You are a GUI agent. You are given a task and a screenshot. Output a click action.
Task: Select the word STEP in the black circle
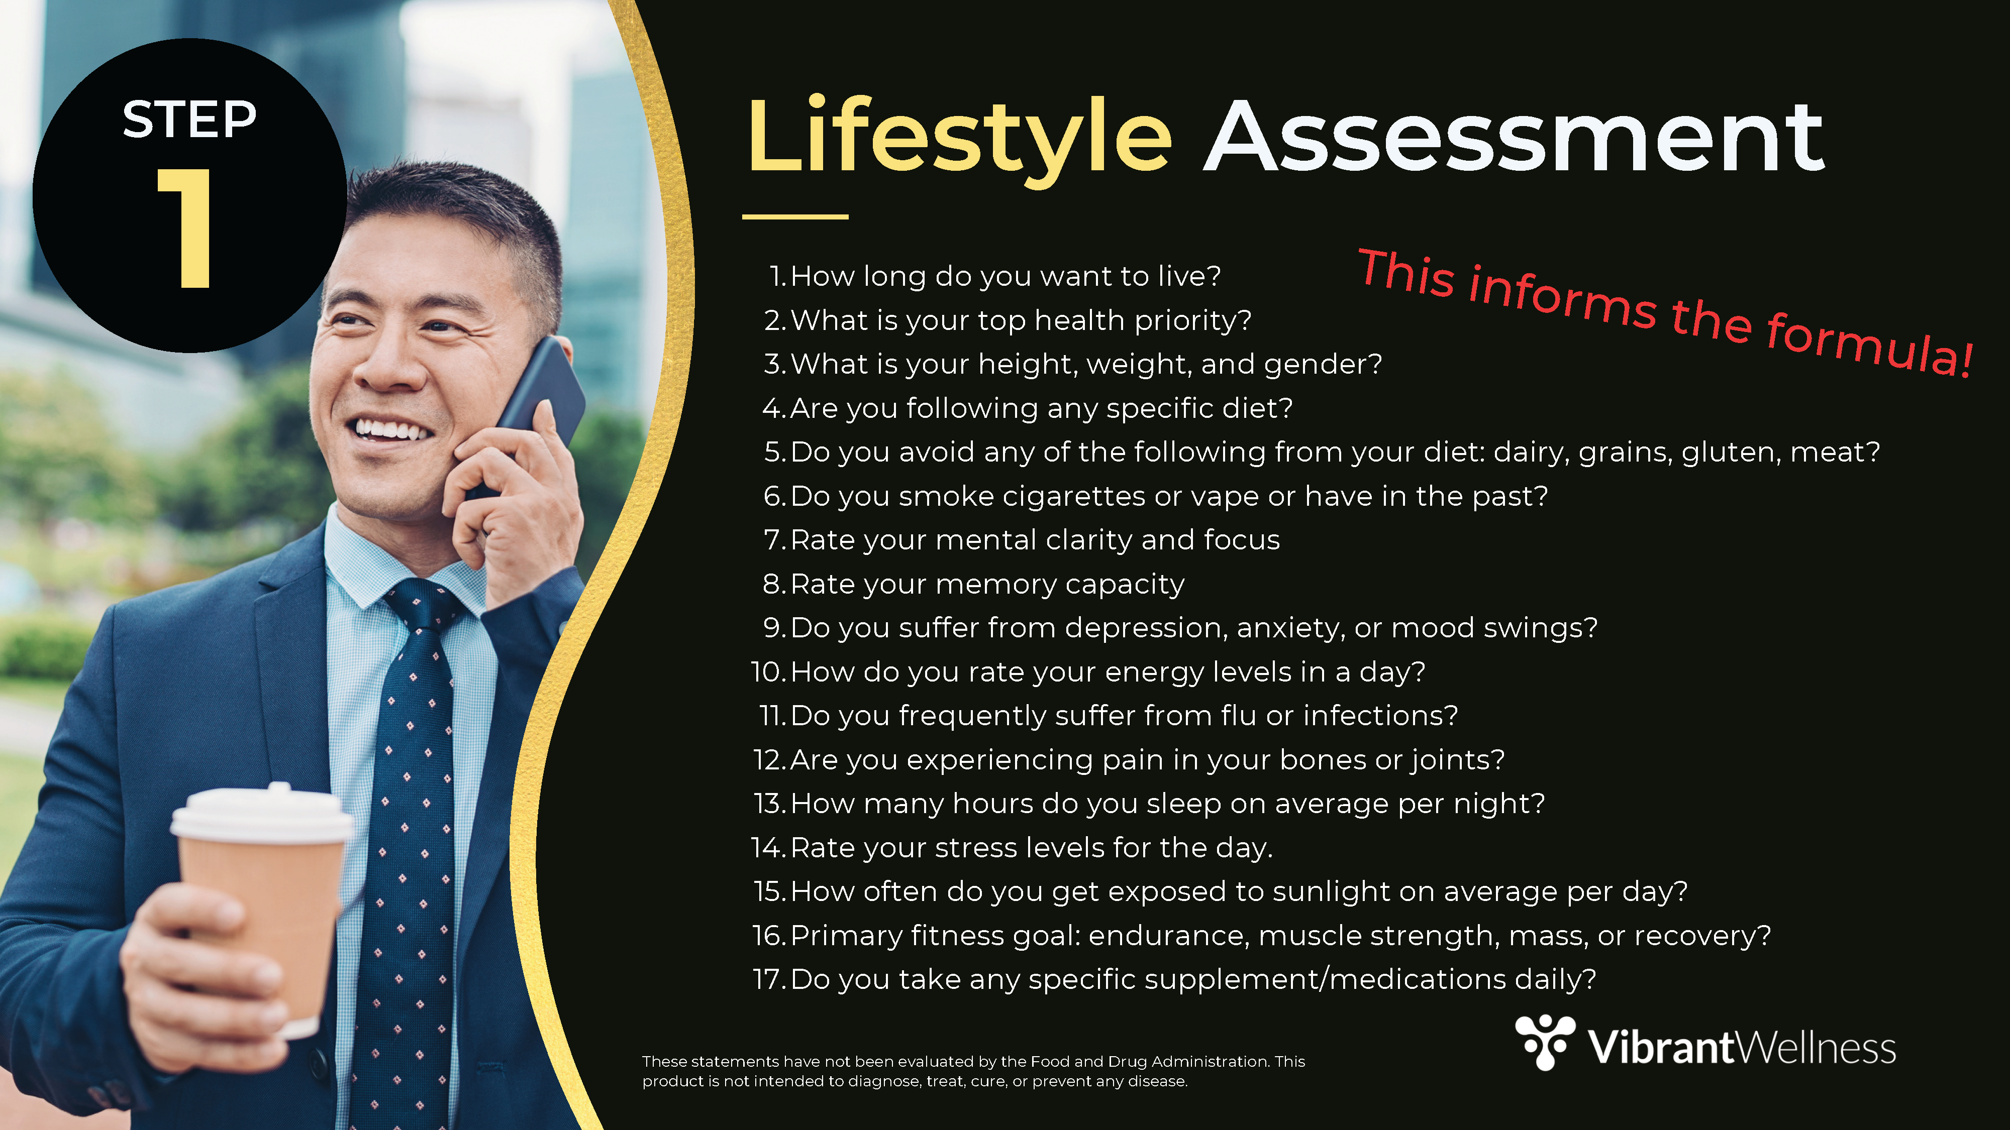tap(189, 120)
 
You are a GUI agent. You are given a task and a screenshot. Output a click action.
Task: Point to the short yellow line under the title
tap(795, 217)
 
